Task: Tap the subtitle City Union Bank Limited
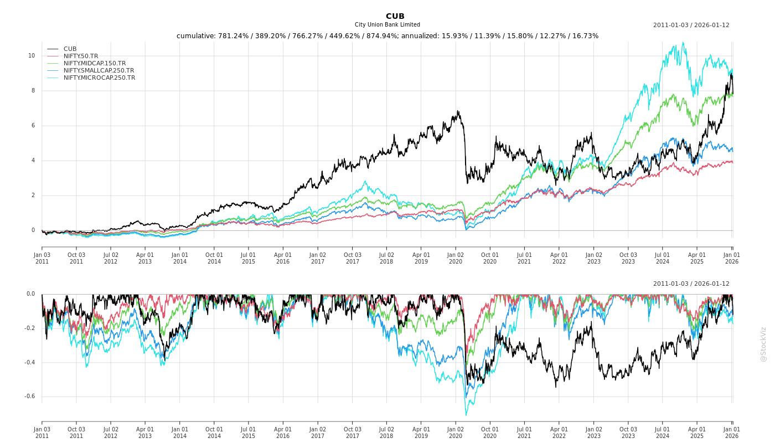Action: click(x=387, y=25)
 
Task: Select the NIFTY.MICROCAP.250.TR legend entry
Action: click(x=99, y=78)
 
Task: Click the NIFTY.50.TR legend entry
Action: click(x=81, y=56)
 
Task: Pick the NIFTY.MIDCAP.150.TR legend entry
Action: click(x=95, y=64)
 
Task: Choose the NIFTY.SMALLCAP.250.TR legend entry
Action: click(x=99, y=71)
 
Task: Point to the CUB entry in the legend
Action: click(x=70, y=49)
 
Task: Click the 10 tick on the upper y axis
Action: click(x=32, y=56)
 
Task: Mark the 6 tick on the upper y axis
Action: click(x=33, y=126)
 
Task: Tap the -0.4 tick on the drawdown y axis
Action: click(x=29, y=363)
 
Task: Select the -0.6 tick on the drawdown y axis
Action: click(x=29, y=396)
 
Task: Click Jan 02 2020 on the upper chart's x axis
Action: click(x=456, y=259)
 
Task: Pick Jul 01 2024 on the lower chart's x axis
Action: click(x=663, y=432)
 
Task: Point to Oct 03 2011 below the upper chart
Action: click(x=76, y=259)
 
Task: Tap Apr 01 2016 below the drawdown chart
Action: click(x=283, y=432)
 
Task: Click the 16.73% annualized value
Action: click(x=585, y=36)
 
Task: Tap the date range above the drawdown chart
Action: click(x=691, y=284)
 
